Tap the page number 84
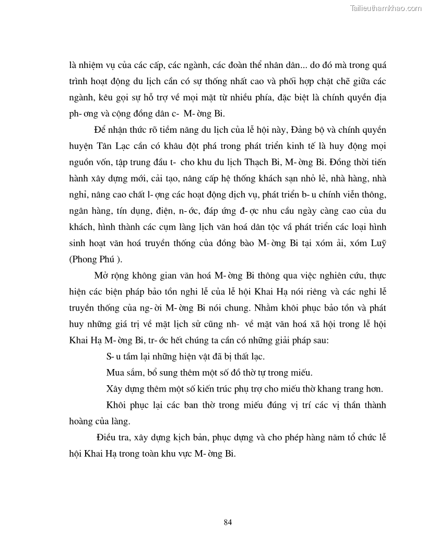tap(227, 522)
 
